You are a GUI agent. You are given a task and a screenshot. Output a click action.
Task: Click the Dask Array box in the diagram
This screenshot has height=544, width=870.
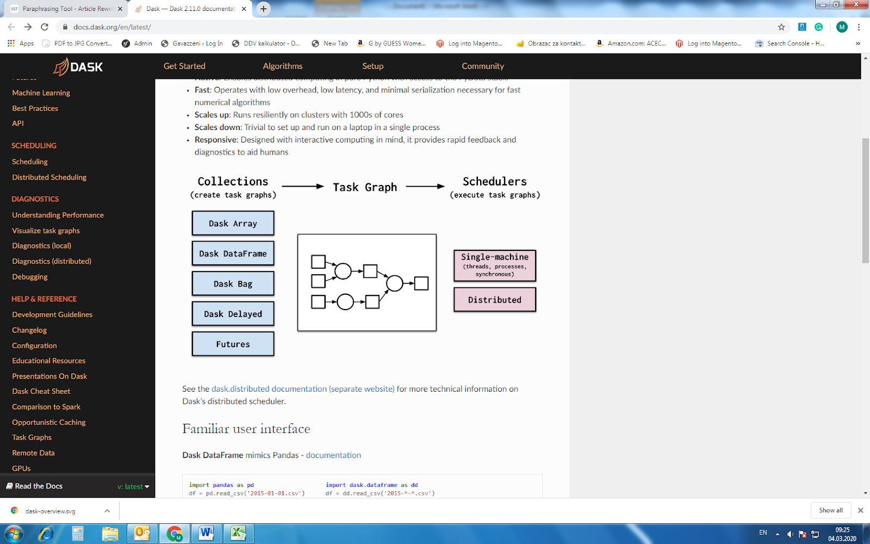(233, 224)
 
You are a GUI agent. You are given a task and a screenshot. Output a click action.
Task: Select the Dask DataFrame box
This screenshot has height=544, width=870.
(233, 254)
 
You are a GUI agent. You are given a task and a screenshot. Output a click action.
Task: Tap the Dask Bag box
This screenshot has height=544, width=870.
(233, 284)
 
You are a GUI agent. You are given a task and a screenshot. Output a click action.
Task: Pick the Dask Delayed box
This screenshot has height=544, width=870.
(233, 314)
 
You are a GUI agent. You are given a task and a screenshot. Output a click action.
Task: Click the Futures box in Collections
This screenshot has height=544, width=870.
(233, 344)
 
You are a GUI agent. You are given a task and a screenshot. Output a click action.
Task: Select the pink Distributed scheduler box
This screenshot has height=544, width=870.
(495, 300)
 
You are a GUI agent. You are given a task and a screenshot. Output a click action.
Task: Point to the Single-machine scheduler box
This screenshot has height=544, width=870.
(495, 265)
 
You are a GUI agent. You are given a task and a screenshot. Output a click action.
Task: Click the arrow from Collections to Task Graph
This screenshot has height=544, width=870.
(303, 187)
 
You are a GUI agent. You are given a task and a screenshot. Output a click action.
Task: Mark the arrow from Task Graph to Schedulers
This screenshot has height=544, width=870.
(425, 187)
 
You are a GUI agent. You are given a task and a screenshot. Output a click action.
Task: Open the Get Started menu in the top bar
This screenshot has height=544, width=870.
(184, 66)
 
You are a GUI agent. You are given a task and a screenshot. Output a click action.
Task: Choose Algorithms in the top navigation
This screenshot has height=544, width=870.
(283, 66)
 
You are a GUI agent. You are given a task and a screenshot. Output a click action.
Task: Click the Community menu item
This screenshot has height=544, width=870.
(483, 66)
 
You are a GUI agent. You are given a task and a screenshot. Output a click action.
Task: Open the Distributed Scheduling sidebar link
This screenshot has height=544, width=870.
(49, 177)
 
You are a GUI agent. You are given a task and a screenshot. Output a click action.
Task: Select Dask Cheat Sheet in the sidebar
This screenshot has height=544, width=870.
(41, 391)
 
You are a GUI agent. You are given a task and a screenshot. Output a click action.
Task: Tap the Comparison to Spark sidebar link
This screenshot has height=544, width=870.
(46, 407)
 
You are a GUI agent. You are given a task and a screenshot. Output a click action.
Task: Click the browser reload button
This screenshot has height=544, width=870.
(45, 27)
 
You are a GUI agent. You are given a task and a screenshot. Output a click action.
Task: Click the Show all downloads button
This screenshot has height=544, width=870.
(831, 510)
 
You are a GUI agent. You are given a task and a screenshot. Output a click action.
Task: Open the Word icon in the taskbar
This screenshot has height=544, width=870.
(206, 534)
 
